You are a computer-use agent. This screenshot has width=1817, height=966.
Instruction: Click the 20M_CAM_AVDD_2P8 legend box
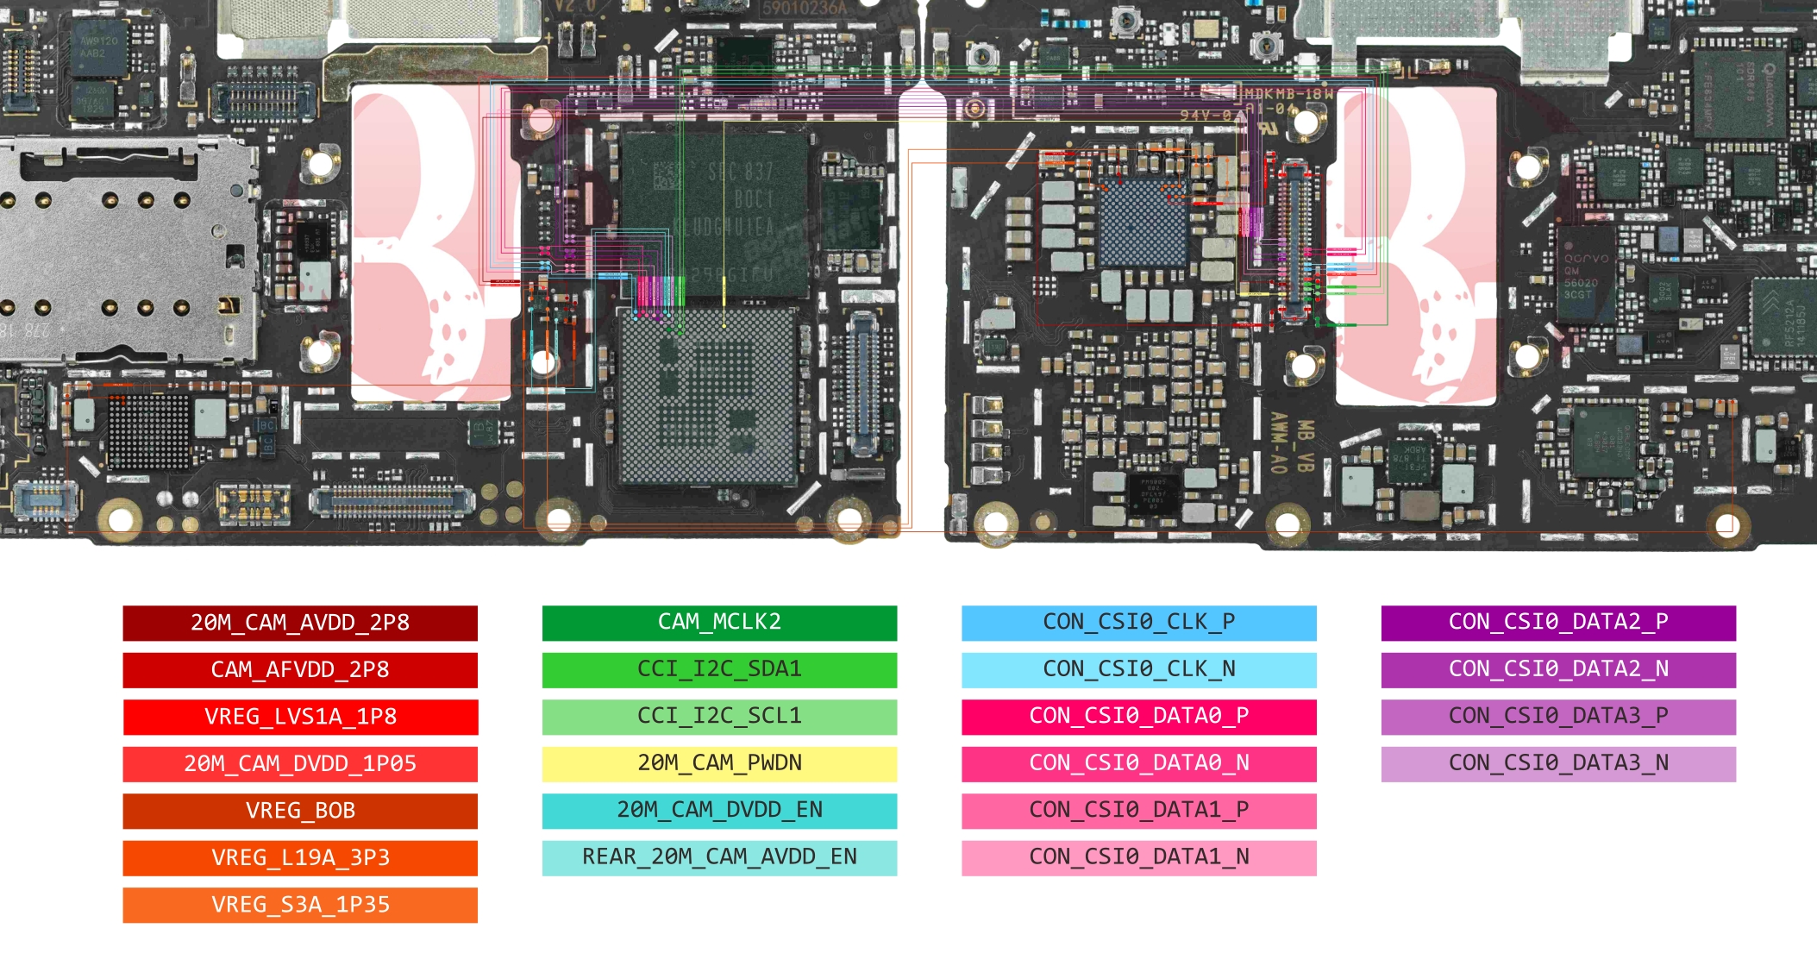300,623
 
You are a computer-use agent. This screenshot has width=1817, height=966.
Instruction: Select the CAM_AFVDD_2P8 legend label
300,670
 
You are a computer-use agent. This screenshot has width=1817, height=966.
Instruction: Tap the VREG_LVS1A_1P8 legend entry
300,717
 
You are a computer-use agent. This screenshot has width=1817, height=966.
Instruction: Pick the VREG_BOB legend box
300,811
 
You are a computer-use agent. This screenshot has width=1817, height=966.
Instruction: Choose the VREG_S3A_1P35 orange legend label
300,905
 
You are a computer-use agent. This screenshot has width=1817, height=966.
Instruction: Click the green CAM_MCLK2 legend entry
719,623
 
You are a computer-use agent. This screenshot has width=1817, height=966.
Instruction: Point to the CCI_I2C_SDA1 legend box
719,670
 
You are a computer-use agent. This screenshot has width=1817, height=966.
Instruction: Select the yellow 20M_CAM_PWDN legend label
719,763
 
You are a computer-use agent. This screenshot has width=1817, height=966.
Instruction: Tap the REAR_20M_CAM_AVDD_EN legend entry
719,857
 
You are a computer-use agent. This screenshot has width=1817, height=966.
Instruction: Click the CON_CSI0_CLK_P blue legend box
1138,623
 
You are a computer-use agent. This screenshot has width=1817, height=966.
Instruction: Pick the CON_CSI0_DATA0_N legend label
1138,763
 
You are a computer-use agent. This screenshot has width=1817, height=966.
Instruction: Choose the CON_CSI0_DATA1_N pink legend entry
1138,857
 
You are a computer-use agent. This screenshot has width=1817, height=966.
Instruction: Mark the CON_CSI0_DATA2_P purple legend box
1557,623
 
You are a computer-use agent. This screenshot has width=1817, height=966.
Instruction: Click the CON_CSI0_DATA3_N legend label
1557,763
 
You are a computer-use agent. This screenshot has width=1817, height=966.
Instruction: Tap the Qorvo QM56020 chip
1585,276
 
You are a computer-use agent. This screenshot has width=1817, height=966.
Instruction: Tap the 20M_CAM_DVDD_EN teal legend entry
719,811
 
